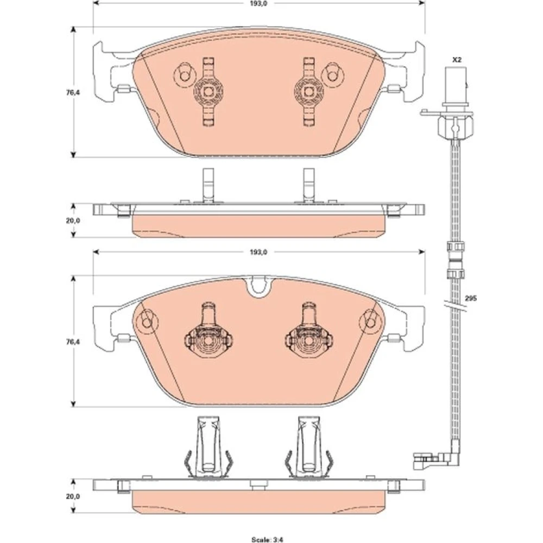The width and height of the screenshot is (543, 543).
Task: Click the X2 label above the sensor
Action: pos(457,60)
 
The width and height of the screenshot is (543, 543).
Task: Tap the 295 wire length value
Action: pos(471,298)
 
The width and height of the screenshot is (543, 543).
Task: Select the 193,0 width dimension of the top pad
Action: pos(260,3)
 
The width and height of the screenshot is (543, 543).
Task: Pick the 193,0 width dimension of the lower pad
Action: pos(258,252)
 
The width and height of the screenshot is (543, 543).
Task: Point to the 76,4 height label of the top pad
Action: pos(73,92)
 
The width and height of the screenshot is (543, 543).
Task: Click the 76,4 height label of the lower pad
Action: pos(73,342)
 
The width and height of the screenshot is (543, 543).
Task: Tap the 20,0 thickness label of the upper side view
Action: pos(73,220)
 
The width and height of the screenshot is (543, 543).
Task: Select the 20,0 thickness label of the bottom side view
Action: pos(73,496)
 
